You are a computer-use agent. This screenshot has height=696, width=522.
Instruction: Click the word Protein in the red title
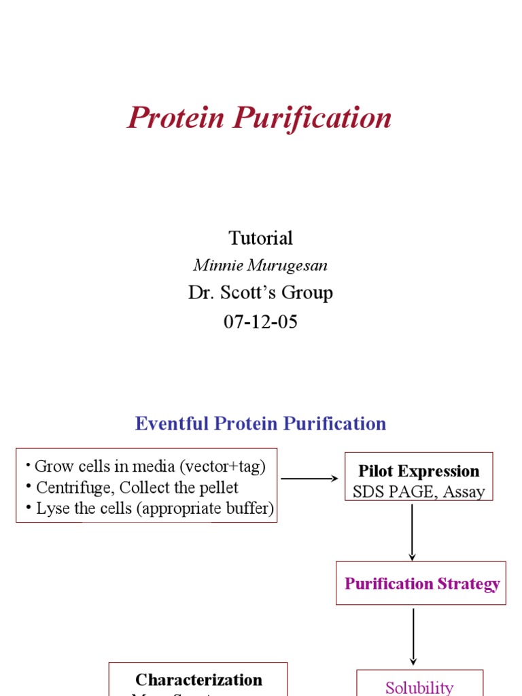(175, 118)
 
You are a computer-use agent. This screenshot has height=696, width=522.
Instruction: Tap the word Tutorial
(260, 238)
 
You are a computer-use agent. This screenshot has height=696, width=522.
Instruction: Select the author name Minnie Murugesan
(260, 266)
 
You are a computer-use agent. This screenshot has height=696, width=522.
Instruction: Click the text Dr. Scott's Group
(260, 293)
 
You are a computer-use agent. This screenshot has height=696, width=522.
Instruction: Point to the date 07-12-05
(260, 321)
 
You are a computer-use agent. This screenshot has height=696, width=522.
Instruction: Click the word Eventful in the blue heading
(172, 423)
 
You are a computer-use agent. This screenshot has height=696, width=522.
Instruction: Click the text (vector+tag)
(222, 466)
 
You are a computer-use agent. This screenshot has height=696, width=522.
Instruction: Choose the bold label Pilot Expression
(419, 471)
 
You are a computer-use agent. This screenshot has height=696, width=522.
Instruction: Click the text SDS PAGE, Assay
(419, 491)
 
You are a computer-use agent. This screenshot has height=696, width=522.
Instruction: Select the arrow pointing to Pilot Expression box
(309, 478)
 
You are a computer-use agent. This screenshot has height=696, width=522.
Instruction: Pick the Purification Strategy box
(421, 583)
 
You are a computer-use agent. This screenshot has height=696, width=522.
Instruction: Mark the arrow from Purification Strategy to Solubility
(413, 636)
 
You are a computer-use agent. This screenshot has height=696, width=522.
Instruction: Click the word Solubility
(419, 686)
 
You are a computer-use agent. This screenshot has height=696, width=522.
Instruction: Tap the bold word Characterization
(198, 680)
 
